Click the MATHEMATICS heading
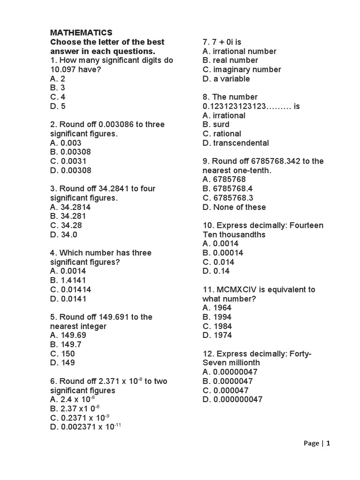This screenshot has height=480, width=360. pyautogui.click(x=81, y=33)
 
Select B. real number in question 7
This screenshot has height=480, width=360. pyautogui.click(x=230, y=60)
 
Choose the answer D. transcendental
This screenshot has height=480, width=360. pyautogui.click(x=235, y=143)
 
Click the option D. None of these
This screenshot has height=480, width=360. pyautogui.click(x=234, y=207)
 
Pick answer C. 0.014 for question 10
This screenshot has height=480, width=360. pyautogui.click(x=218, y=262)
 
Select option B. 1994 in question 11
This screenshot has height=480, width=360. pyautogui.click(x=217, y=317)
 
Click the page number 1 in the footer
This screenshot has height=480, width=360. pyautogui.click(x=329, y=443)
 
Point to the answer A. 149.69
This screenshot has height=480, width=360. pyautogui.click(x=68, y=335)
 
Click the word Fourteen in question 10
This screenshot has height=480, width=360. pyautogui.click(x=307, y=225)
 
